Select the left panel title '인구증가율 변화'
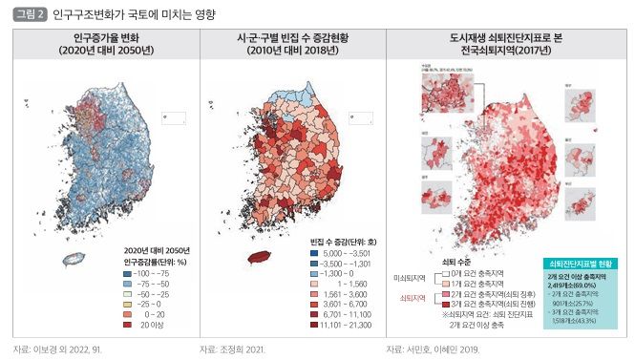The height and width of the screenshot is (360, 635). [x=103, y=38]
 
